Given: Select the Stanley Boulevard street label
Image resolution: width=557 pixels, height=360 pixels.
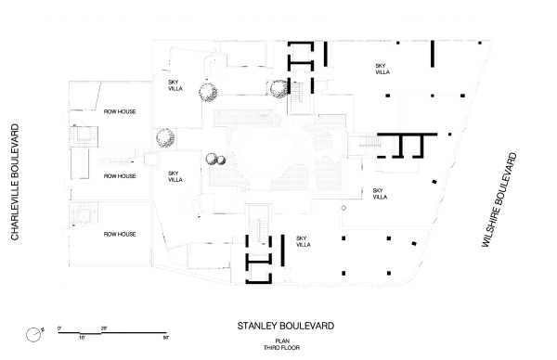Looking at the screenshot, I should (285, 326).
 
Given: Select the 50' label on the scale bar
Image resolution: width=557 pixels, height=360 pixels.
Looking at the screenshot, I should (166, 339).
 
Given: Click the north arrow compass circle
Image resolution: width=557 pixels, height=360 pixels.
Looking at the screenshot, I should (32, 333).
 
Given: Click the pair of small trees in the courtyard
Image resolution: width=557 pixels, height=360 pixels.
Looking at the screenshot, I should (215, 159).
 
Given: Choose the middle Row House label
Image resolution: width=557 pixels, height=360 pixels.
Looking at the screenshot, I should (120, 175).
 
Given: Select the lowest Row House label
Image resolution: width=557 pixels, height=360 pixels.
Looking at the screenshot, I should (120, 235).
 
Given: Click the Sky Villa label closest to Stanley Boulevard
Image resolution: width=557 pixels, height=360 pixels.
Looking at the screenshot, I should (301, 240).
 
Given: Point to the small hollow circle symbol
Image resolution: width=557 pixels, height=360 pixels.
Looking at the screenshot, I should (343, 209).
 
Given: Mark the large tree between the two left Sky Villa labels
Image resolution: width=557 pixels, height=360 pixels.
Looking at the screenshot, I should (164, 138).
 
